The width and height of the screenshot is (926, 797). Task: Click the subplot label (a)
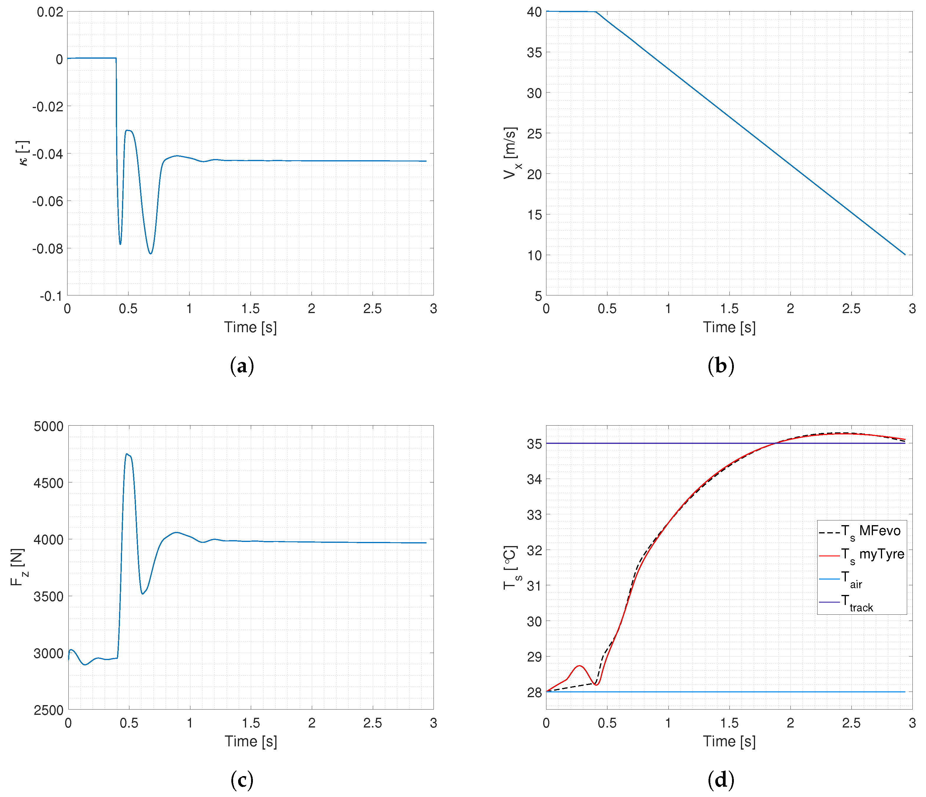(x=242, y=366)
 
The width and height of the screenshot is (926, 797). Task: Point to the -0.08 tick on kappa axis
(x=47, y=248)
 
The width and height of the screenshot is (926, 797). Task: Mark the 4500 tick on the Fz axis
(x=48, y=483)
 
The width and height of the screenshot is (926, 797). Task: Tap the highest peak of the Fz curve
(x=127, y=454)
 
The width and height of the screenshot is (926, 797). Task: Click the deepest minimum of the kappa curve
(x=151, y=253)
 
